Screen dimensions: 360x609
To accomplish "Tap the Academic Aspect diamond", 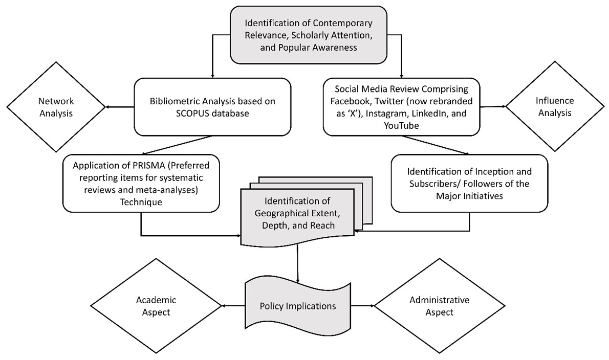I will pos(153,305).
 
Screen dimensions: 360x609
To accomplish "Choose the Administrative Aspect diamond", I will pos(439,305).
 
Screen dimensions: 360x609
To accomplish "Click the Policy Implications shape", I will pos(297,306).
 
